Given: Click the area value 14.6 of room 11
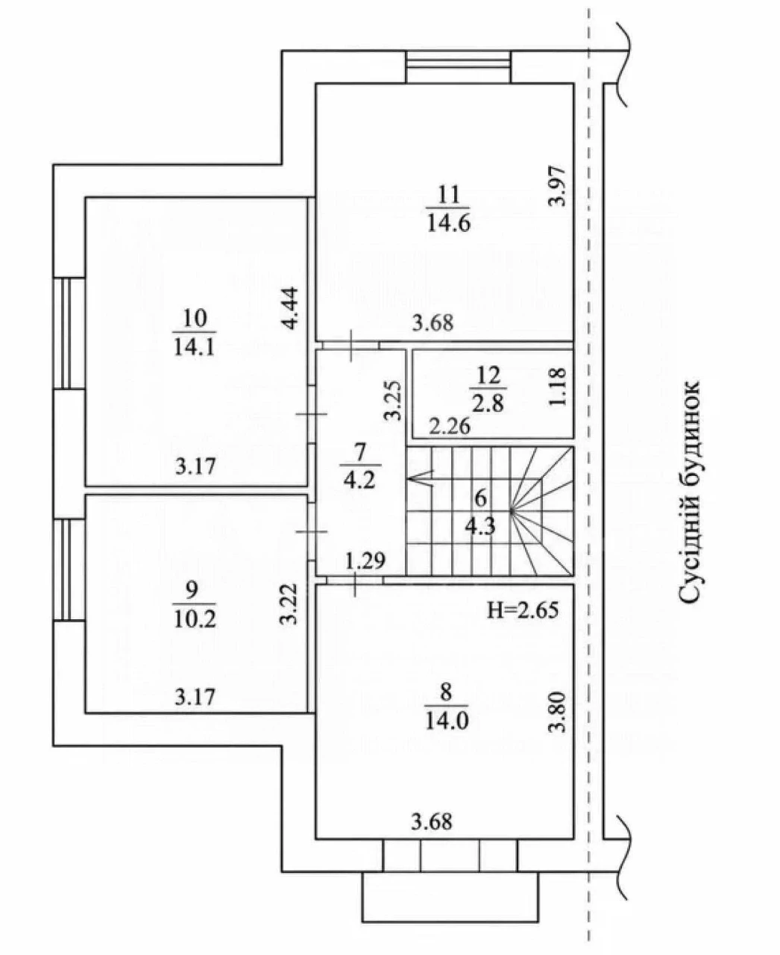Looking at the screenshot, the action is point(449,224).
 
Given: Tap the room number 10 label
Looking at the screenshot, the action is point(195,318).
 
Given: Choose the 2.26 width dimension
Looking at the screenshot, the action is point(450,427).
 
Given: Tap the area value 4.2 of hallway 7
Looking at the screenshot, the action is point(359,480).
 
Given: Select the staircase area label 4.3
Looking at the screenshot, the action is point(480,526).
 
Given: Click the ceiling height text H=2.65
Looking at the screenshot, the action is point(523,610).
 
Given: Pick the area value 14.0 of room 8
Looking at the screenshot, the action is point(447,721).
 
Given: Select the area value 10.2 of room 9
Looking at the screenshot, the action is point(195,619).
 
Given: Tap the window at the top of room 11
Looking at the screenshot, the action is point(458,66).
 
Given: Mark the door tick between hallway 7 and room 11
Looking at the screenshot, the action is point(352,346).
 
